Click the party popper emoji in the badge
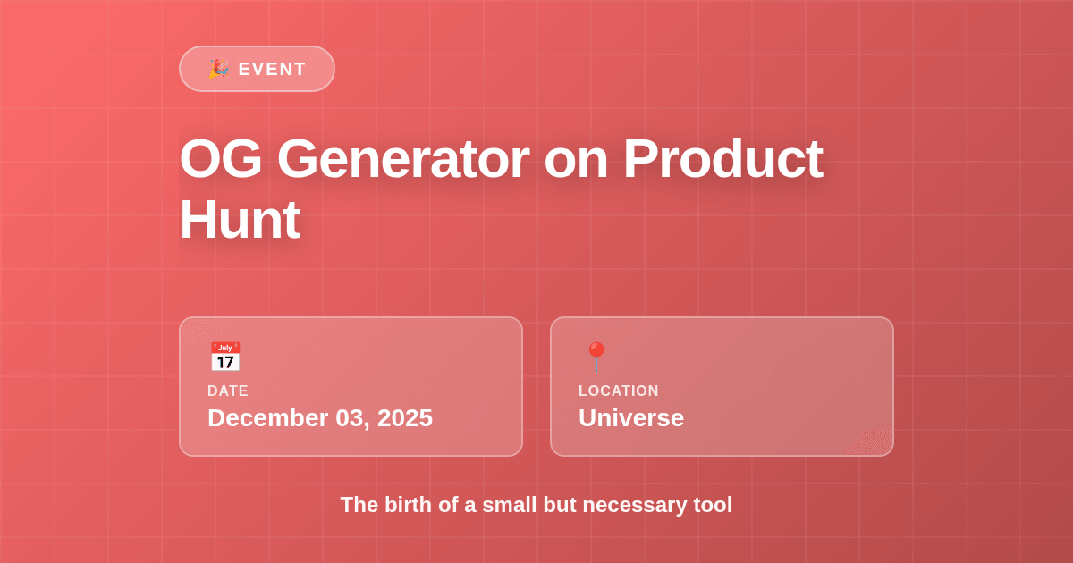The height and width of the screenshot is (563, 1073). point(218,69)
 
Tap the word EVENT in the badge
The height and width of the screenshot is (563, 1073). point(272,69)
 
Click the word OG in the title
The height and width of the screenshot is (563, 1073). point(221,158)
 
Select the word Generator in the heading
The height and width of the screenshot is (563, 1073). point(402,158)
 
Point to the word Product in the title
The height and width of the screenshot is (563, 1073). point(722,158)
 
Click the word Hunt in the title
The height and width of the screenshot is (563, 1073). point(239,220)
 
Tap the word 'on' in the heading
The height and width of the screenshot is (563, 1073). point(576,158)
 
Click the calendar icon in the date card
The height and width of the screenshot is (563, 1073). point(224,357)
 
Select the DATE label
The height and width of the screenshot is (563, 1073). point(228,391)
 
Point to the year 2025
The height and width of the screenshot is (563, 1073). point(405,417)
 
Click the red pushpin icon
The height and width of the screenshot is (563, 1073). point(596,357)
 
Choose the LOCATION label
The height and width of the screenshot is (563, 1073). point(619,391)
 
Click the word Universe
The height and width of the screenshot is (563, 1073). point(631,417)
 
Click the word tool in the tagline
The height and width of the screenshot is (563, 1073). point(713,505)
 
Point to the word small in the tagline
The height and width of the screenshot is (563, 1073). point(509,505)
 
